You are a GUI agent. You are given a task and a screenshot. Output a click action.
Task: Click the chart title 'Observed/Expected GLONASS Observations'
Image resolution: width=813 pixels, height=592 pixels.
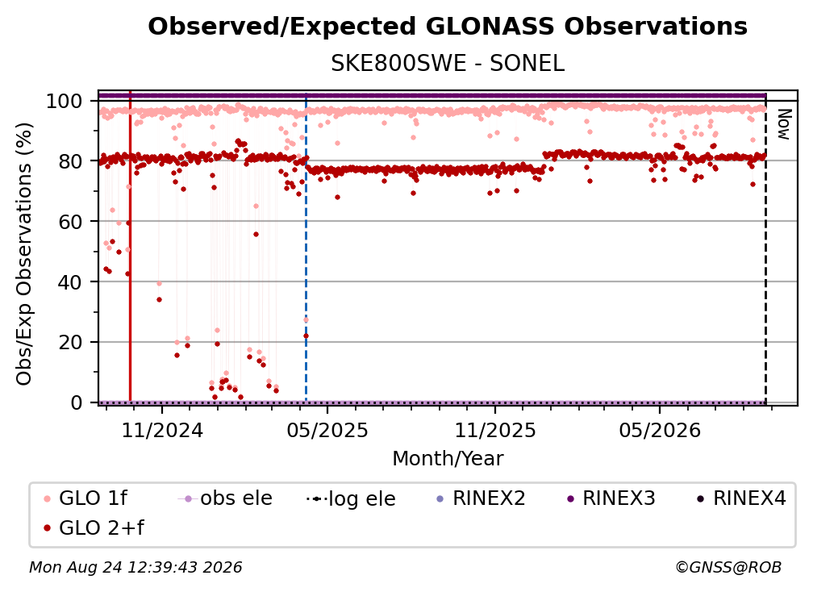tap(448, 27)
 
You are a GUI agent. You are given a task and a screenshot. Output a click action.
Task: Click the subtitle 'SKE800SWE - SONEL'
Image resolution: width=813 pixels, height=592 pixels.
tap(448, 64)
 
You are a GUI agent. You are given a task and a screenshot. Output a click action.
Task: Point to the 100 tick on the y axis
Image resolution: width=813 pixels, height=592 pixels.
tap(65, 101)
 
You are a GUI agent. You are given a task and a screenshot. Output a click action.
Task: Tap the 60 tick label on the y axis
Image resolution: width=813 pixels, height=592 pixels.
tap(70, 221)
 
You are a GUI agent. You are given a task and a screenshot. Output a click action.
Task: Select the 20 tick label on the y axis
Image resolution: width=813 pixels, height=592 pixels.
tap(70, 342)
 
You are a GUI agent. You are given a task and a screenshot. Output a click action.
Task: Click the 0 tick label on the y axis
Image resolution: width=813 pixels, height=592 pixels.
tap(77, 402)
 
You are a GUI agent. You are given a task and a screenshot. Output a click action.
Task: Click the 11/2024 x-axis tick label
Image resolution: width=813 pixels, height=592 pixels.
tap(162, 431)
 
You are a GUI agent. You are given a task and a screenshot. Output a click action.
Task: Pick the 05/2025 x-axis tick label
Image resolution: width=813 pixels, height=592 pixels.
tap(327, 431)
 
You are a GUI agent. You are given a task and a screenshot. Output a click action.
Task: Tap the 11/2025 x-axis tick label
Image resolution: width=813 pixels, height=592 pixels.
tap(495, 431)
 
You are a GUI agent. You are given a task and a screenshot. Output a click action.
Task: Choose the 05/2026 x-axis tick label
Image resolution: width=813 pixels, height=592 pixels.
tap(660, 431)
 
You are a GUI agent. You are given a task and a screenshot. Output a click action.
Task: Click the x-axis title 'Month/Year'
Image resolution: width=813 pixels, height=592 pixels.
tap(448, 459)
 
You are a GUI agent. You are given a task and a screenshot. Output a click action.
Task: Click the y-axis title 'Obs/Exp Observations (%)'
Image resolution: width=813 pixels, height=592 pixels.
tap(24, 254)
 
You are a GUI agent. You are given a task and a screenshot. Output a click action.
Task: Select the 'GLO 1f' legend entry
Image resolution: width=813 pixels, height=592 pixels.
tap(85, 498)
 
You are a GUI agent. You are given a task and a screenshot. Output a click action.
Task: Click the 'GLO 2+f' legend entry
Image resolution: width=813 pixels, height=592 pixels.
tap(94, 528)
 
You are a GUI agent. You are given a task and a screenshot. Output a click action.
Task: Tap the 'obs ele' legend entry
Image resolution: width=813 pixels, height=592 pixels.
tap(225, 498)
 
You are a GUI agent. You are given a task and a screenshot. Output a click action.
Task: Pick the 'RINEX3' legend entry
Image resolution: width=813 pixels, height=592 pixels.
tap(611, 498)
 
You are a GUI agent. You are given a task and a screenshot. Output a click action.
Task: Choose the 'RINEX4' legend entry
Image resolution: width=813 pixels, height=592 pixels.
tap(741, 498)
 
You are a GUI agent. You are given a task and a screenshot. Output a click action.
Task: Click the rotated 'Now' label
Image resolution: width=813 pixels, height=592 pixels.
tap(783, 124)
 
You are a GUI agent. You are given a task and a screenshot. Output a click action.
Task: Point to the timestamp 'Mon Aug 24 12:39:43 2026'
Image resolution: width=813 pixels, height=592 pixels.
tap(135, 568)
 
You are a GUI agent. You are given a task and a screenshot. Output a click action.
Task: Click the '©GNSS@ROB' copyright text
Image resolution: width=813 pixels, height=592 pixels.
tap(728, 568)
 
